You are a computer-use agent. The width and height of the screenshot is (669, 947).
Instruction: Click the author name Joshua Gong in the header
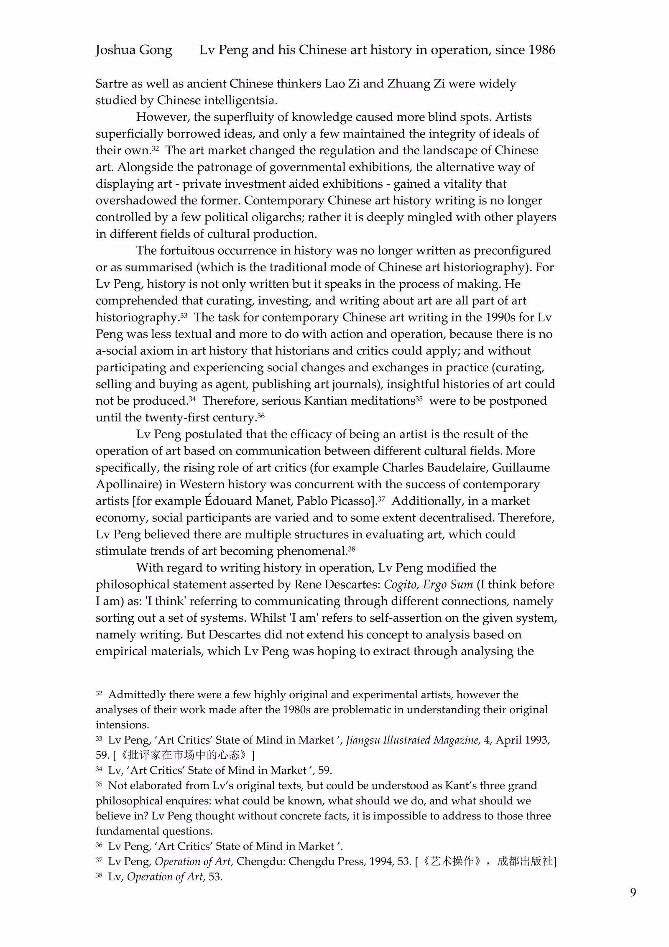[x=133, y=50]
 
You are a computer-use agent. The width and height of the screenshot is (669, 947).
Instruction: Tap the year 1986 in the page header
[x=541, y=50]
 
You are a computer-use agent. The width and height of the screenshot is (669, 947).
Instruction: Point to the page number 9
[x=633, y=892]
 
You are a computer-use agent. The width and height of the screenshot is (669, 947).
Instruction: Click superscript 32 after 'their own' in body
[x=155, y=148]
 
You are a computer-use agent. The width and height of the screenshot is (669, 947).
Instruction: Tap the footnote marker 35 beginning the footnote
[x=99, y=784]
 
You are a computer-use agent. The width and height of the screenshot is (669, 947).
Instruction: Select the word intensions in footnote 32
[x=122, y=725]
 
